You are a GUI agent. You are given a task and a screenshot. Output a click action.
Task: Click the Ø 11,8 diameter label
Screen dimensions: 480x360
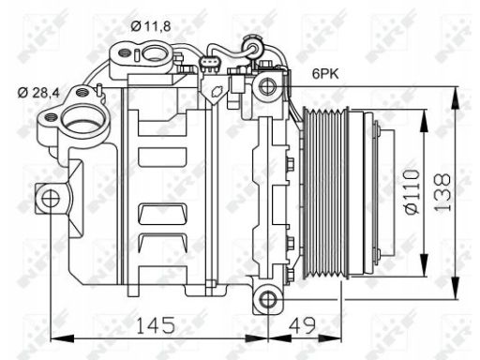pos(151,26)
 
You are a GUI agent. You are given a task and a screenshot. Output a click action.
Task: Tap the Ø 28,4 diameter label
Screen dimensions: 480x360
pos(38,93)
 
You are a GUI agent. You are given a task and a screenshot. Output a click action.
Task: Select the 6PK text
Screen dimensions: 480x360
pos(325,74)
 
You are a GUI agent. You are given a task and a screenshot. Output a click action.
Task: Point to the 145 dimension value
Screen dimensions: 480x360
pos(156,325)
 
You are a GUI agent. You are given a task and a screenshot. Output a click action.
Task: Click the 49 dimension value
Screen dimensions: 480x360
pos(302,325)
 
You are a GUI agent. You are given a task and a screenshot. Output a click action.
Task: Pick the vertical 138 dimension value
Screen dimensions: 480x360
pos(443,193)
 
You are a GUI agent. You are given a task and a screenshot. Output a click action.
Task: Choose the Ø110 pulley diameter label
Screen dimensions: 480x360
pos(412,192)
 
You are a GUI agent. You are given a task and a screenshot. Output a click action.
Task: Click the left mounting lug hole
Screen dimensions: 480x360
pos(51,199)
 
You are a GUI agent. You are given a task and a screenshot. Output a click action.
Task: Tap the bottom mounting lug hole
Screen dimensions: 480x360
pos(268,299)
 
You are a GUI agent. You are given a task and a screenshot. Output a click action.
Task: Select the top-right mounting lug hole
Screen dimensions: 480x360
pos(268,86)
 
